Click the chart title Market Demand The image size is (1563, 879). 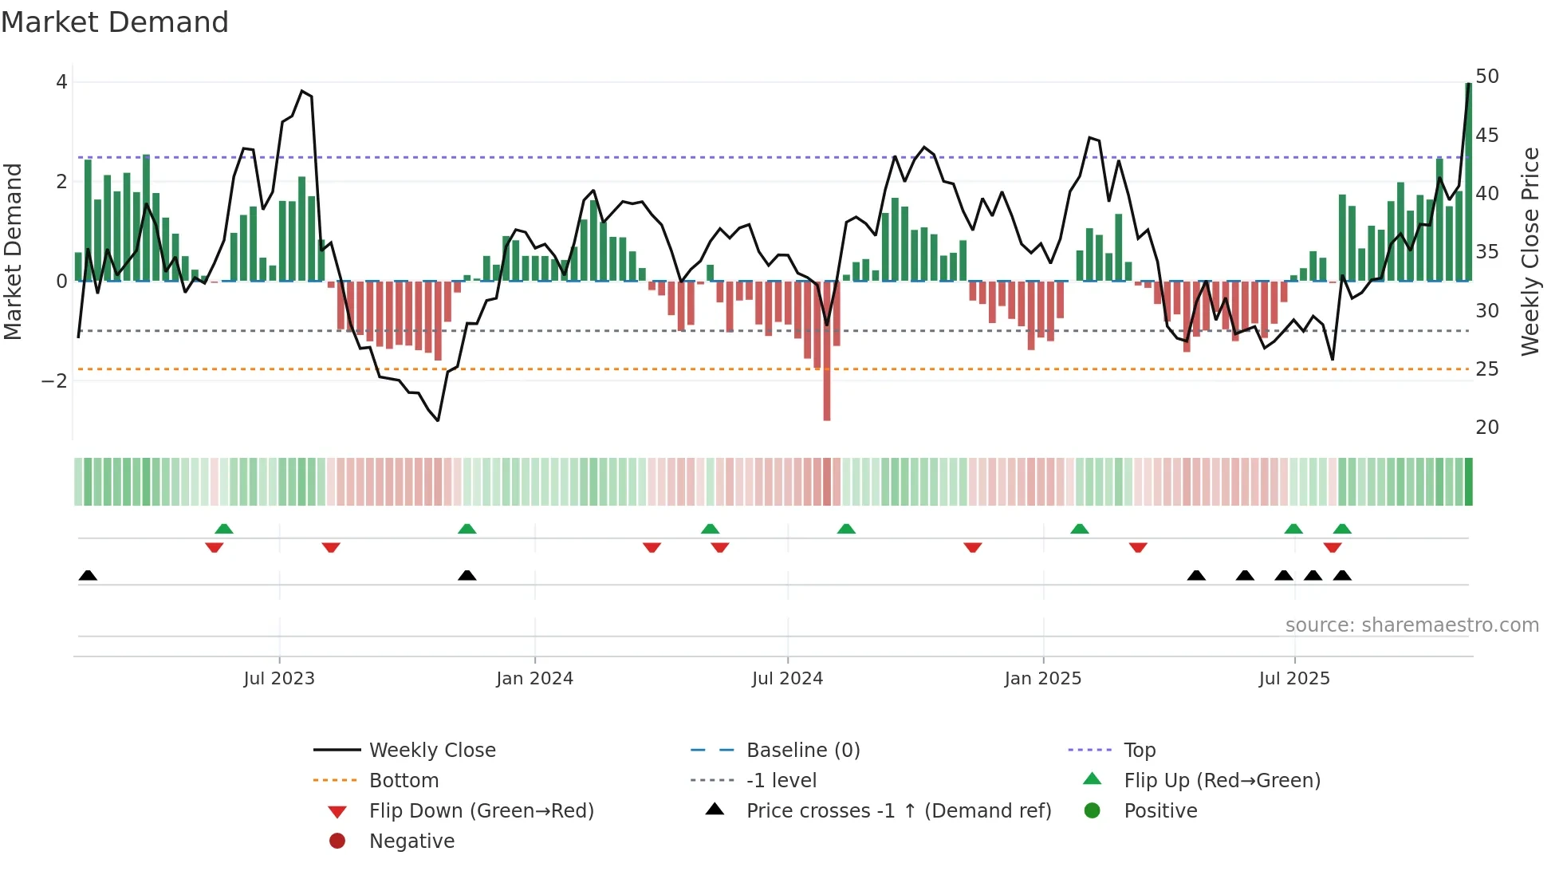115,22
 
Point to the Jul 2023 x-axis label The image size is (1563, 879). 279,679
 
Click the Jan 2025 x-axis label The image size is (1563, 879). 1042,679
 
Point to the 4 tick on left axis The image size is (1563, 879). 61,82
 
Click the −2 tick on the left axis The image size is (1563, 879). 55,381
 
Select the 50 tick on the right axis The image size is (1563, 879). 1486,77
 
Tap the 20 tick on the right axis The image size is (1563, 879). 1486,428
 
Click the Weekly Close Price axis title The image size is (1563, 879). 1530,251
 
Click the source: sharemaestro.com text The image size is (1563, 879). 1411,625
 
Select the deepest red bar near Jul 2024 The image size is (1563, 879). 827,351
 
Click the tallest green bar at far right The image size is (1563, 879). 1468,182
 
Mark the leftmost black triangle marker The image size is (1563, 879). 88,576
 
